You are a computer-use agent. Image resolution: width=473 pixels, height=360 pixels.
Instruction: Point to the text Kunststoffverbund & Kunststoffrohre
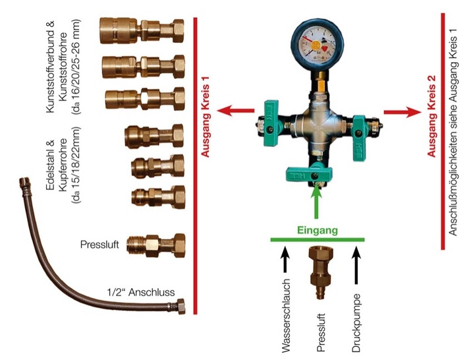coord(61,69)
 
